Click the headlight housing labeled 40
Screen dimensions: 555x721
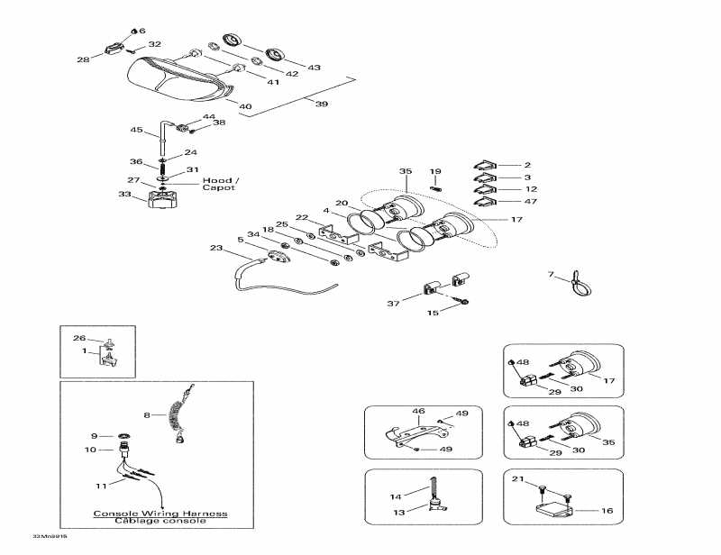(176, 79)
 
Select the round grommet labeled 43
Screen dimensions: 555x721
(277, 53)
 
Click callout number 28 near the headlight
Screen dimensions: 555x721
(83, 59)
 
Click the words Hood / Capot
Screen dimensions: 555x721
(219, 183)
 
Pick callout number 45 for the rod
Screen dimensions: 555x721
(137, 130)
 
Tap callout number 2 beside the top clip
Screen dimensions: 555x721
(528, 165)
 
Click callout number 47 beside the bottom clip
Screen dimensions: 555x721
(530, 201)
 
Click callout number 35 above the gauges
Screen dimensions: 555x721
(406, 170)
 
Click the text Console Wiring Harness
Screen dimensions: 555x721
(160, 514)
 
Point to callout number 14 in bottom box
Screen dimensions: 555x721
(396, 496)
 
